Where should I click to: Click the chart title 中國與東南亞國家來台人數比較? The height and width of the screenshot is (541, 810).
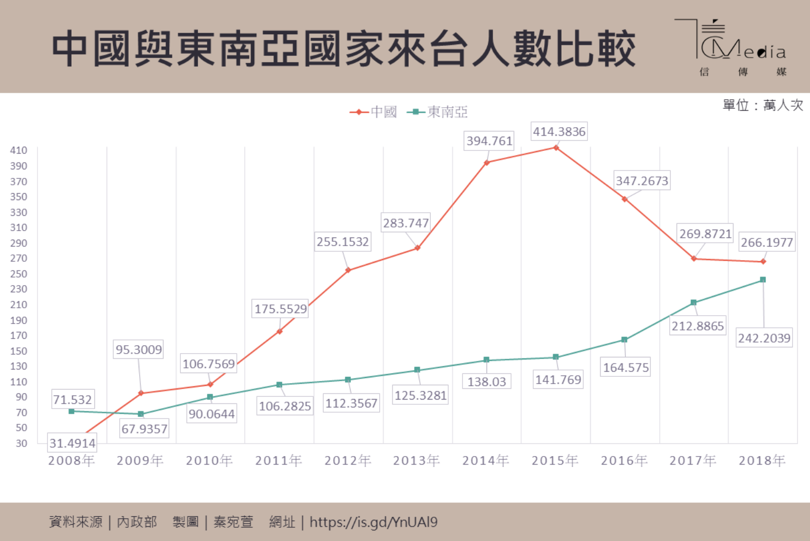343,49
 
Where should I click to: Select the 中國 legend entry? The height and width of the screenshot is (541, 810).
373,112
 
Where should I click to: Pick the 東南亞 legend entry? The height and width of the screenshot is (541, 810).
438,112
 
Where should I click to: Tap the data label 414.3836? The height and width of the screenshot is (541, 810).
559,131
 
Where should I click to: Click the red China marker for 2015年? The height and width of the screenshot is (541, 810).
556,148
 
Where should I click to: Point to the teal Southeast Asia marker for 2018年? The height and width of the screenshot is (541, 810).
763,280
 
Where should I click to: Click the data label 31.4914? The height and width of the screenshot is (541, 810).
72,443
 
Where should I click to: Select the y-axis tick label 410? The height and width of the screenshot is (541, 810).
18,150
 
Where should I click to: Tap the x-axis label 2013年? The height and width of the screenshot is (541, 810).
416,461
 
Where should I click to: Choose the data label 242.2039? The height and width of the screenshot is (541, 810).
764,338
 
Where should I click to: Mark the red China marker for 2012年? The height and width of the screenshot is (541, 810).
348,270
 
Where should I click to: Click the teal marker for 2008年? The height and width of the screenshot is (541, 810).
72,411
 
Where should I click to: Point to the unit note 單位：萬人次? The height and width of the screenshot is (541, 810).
763,105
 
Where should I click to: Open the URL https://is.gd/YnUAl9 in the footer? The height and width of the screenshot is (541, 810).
373,522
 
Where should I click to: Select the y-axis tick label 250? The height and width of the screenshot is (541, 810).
18,274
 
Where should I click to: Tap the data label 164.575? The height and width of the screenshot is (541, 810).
626,367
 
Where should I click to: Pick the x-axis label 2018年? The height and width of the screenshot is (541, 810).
762,461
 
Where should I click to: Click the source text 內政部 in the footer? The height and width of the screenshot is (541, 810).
137,522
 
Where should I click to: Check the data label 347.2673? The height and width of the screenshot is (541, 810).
642,181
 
